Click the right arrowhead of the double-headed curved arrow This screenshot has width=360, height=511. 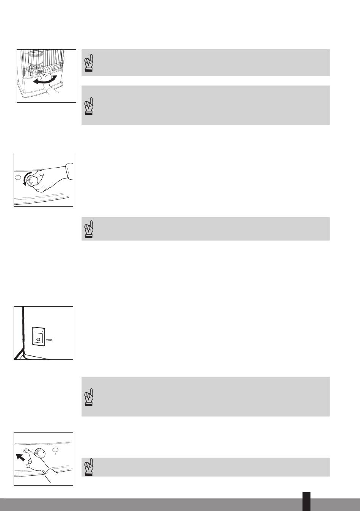click(55, 78)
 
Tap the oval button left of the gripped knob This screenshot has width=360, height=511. click(17, 177)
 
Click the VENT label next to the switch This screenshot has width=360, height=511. click(50, 340)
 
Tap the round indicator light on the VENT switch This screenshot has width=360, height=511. click(38, 339)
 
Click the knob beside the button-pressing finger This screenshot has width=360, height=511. click(40, 453)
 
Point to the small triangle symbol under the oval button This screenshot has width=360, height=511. click(55, 453)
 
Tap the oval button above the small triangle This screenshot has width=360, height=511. click(55, 450)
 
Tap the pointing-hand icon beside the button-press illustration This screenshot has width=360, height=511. click(89, 467)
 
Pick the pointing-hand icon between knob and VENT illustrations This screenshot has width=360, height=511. click(89, 229)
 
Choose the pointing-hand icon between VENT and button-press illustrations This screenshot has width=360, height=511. click(89, 397)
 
